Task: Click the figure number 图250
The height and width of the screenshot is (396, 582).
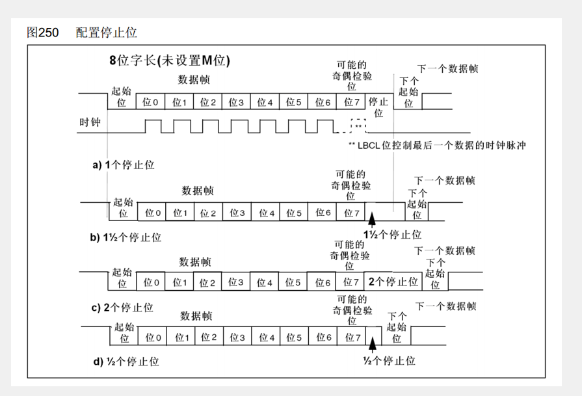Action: pos(43,32)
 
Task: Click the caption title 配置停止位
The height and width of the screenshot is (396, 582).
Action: pos(106,32)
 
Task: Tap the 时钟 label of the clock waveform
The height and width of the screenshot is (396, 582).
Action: pos(90,122)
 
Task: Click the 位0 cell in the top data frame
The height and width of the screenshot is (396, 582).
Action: pos(150,102)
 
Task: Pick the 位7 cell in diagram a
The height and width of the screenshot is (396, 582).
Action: pos(351,102)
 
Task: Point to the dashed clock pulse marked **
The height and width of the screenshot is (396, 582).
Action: pos(358,126)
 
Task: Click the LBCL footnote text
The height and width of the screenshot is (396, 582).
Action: pos(437,146)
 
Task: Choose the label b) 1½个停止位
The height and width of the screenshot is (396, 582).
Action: pos(126,237)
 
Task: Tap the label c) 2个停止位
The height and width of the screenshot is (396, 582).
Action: pos(122,308)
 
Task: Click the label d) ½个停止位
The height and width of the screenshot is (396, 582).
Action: pos(125,361)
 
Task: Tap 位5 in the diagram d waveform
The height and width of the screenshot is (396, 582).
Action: pos(295,337)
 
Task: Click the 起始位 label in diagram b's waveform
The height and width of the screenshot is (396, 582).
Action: pos(122,207)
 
